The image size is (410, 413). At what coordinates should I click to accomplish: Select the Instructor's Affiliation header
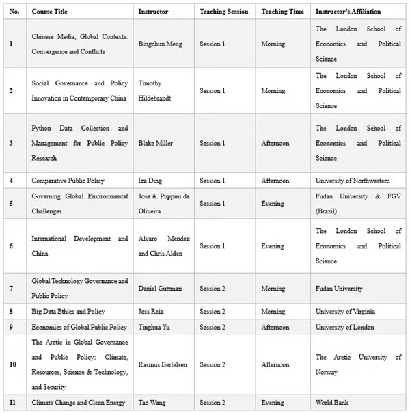tap(348, 12)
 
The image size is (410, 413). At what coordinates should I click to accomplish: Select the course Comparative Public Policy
tap(68, 181)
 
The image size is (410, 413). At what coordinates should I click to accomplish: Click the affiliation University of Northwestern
tap(353, 181)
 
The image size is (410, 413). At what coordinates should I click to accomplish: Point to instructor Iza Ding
tap(152, 181)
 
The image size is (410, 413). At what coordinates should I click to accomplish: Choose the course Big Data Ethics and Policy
tap(68, 311)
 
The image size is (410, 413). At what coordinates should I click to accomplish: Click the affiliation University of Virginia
tap(345, 311)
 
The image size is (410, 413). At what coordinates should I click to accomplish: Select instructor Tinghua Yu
tap(156, 327)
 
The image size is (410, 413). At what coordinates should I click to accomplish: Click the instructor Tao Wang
tap(154, 403)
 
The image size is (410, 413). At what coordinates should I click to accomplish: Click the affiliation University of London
tap(344, 327)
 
